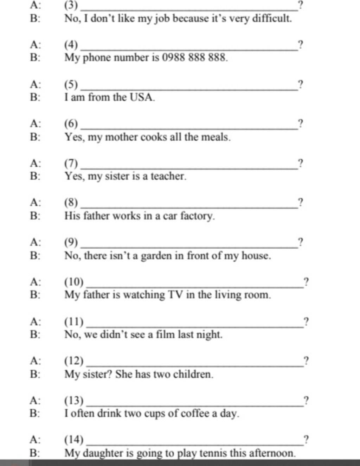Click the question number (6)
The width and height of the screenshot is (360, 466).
(71, 124)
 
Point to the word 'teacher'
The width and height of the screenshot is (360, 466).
(168, 176)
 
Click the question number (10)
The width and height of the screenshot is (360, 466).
(74, 282)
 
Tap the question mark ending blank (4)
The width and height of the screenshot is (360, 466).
(300, 45)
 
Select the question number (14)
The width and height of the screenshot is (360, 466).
(74, 440)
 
